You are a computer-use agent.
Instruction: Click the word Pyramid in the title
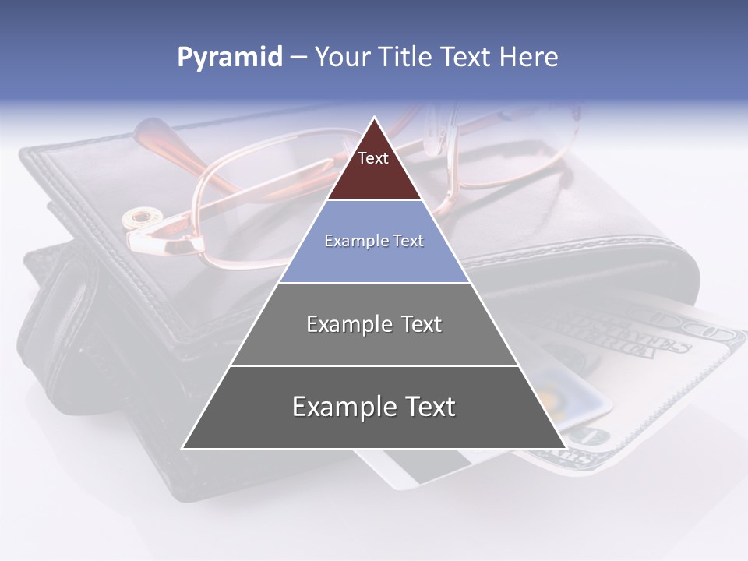coord(230,58)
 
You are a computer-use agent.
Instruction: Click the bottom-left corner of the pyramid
coord(184,448)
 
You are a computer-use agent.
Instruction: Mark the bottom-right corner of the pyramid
coord(564,448)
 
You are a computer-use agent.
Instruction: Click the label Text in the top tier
coord(373,158)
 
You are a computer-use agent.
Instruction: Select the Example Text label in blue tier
coord(374,241)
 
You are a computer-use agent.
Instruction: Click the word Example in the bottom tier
coord(343,407)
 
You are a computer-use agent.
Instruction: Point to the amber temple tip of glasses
coord(152,132)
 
